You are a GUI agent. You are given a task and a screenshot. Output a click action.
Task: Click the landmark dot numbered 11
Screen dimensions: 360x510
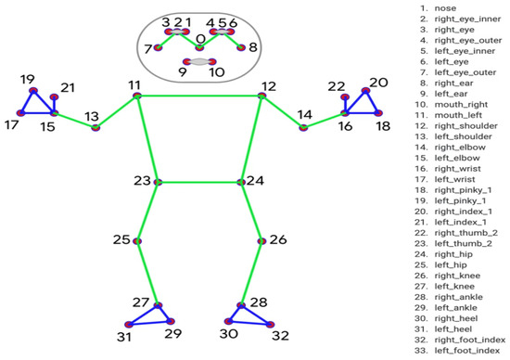pos(137,96)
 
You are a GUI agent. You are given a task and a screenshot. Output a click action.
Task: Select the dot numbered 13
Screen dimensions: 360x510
pos(95,126)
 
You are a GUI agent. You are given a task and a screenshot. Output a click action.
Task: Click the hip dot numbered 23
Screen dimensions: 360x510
pos(158,182)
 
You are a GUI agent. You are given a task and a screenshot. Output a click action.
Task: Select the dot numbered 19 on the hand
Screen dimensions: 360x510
pos(32,91)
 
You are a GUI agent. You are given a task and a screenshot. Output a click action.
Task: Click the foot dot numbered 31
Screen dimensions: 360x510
pos(129,325)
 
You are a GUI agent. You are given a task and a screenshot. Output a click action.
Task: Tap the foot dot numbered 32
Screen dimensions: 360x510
pos(271,324)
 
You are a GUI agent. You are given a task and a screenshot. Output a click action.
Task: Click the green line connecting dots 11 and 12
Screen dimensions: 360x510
pos(199,96)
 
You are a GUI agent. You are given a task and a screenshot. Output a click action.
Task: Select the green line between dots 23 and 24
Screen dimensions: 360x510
pos(198,182)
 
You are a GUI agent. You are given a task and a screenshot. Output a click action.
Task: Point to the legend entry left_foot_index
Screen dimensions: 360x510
pos(461,352)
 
